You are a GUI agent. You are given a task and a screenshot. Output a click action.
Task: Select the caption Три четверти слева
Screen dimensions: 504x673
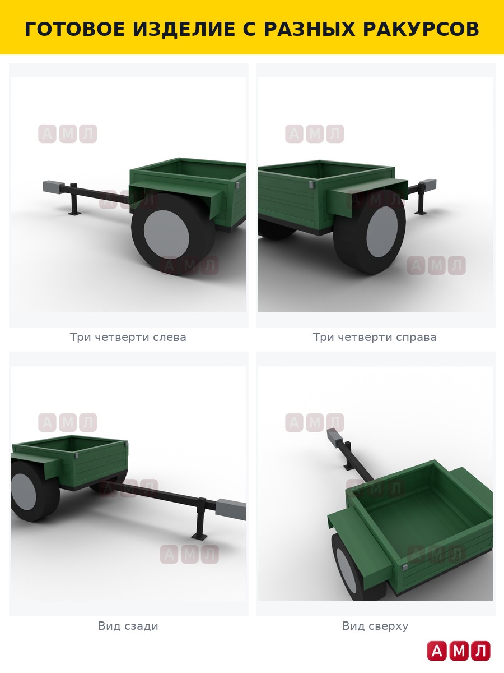(x=128, y=337)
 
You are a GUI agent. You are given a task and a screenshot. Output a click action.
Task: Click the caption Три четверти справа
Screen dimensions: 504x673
(x=375, y=337)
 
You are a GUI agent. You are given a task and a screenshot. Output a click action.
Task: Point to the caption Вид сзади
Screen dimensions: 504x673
(x=128, y=626)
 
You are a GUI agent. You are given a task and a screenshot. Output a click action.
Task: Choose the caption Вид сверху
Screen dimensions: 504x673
(x=375, y=626)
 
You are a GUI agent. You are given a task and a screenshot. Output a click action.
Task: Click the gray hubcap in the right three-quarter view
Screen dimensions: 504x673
(x=382, y=232)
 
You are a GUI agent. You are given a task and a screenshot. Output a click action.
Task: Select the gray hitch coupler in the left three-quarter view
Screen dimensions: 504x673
(x=54, y=187)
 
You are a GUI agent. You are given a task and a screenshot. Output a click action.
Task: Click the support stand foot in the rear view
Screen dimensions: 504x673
(x=199, y=545)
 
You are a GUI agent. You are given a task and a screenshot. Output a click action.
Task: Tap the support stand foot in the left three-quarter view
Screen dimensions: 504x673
(x=74, y=213)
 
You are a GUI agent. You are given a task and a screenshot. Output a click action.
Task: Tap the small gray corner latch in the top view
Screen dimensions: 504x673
(x=405, y=566)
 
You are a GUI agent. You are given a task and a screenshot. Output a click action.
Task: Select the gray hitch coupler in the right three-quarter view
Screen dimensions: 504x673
(x=428, y=185)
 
